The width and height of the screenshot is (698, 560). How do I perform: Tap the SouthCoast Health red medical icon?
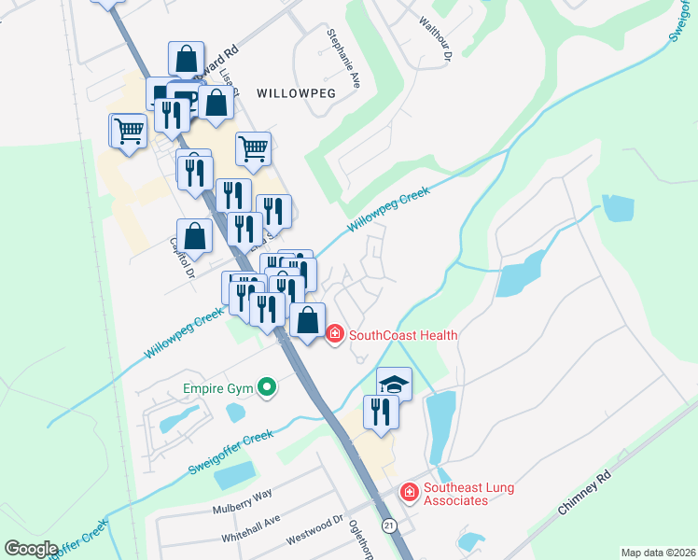(335, 334)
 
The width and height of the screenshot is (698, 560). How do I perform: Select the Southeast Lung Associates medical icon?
(409, 491)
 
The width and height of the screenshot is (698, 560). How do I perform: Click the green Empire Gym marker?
(267, 385)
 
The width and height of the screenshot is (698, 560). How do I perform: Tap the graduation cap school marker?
(394, 384)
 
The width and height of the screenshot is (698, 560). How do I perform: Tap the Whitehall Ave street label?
(250, 530)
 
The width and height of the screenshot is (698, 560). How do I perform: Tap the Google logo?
(31, 549)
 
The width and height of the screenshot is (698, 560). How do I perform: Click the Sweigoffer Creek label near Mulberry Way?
(231, 449)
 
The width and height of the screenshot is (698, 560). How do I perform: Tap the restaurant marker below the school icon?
(381, 412)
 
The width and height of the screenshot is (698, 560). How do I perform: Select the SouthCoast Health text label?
(403, 334)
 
